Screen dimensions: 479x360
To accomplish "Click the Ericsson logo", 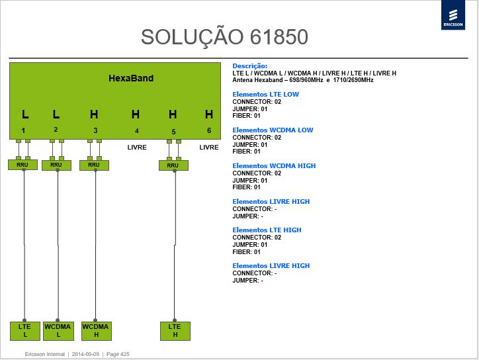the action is (453, 15).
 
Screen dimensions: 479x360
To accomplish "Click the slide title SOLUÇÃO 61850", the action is (224, 37).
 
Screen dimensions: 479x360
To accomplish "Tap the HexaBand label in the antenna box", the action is (131, 78).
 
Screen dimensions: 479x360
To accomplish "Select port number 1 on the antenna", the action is (23, 131).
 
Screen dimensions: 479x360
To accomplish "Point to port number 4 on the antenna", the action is (137, 131).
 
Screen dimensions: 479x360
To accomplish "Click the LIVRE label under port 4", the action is (137, 148).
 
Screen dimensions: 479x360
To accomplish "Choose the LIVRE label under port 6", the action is (209, 148).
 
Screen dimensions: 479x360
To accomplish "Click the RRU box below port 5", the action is (173, 165).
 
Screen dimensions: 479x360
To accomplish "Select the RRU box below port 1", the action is (22, 165).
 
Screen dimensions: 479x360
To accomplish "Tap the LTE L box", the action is (25, 331).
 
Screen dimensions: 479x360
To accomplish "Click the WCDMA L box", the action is (58, 331).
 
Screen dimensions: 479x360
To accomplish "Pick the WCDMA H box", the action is (96, 331).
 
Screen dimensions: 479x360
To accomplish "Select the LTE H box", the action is (175, 331).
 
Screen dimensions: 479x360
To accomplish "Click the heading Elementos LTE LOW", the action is (265, 95).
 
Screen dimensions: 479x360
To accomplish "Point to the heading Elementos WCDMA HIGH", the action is (274, 166).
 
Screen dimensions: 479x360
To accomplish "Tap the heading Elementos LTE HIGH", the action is (267, 230).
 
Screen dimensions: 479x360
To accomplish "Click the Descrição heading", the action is (250, 66).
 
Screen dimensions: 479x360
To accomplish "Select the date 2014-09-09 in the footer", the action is (85, 354).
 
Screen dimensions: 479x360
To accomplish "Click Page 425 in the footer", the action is (118, 354).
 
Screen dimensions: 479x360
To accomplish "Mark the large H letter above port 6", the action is (209, 114).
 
